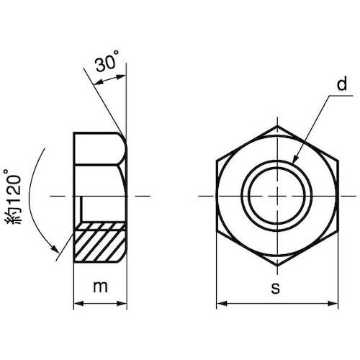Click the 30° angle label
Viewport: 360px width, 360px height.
pos(107,61)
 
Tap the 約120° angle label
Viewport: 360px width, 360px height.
pos(13,197)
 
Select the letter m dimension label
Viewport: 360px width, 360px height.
pos(100,287)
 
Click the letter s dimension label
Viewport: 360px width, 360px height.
pos(276,288)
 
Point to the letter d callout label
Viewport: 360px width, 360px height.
pos(342,84)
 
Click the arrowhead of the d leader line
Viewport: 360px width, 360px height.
pos(295,159)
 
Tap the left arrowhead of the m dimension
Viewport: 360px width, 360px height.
pos(78,304)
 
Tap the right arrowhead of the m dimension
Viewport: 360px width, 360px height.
pos(122,304)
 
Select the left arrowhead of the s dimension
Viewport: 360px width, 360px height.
pos(222,304)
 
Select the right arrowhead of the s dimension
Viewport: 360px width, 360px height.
pos(333,304)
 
